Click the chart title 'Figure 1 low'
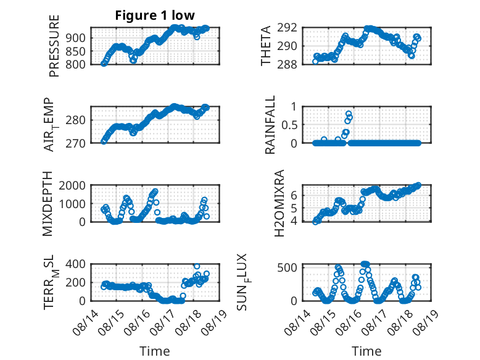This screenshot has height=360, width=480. point(155,15)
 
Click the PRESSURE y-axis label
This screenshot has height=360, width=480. point(54,46)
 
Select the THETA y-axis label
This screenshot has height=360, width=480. point(265,46)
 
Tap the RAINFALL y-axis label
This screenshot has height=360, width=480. point(270,125)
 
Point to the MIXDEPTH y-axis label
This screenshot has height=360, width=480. point(48,203)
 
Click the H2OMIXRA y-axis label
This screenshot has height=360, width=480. point(279,203)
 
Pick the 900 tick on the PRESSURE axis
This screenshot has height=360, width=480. point(76,38)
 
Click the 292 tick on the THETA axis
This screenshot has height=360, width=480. point(287,28)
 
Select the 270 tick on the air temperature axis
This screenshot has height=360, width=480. point(76,143)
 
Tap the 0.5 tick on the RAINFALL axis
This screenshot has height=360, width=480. point(289,125)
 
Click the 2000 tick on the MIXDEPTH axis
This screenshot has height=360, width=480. point(72,185)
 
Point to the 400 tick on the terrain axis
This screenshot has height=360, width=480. point(76,264)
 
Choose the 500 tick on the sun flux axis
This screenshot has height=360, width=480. point(287,268)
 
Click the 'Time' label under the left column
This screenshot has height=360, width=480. point(155,351)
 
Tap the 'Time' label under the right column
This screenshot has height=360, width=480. point(366,351)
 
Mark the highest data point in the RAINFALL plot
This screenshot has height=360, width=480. point(349,114)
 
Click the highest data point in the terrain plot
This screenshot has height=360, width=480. point(197,266)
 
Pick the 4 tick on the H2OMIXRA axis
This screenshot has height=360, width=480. point(294,221)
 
